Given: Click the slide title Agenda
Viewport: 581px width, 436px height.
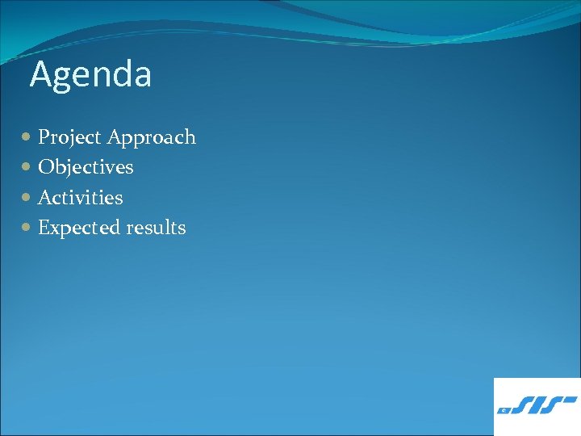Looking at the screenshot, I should [x=90, y=75].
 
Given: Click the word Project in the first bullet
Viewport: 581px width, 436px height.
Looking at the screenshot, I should [x=69, y=138].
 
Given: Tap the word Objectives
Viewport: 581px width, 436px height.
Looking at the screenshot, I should [x=86, y=167].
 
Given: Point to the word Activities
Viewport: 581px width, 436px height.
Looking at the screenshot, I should [x=81, y=197].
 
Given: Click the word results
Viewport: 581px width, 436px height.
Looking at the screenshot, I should [x=156, y=228].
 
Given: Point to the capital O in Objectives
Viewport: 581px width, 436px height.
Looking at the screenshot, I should [x=46, y=167].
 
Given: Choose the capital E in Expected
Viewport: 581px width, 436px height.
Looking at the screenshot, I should [x=44, y=228].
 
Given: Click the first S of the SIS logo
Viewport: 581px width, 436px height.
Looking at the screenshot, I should [x=522, y=405].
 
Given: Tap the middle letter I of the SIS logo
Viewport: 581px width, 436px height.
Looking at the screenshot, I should [x=538, y=405].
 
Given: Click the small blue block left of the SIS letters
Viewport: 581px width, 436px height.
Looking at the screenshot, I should [x=504, y=410].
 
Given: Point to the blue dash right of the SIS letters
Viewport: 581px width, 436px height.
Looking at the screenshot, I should [x=572, y=399].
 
